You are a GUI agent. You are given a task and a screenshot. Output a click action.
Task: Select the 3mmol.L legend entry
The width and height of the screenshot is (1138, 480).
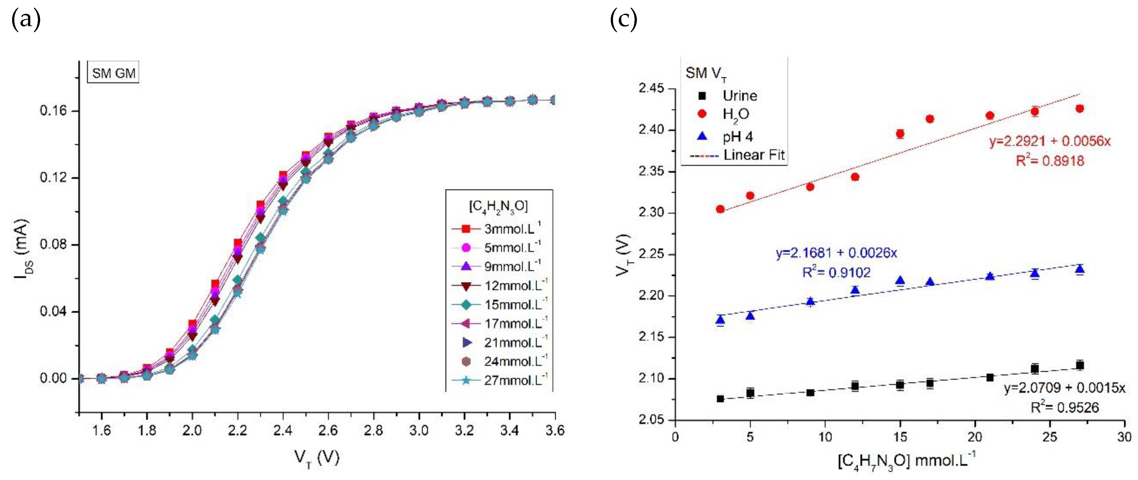pos(496,229)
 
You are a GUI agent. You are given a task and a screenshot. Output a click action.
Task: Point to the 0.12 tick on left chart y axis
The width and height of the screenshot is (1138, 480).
pos(53,178)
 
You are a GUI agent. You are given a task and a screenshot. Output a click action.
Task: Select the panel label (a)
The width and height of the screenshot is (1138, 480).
pos(26,20)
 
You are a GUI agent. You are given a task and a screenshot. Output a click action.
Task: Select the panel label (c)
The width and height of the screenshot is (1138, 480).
pos(623,20)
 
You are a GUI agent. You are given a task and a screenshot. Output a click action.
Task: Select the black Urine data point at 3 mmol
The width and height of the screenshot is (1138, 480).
pos(720,399)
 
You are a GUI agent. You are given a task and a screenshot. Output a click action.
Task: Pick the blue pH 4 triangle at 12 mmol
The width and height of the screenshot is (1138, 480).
pos(855,290)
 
